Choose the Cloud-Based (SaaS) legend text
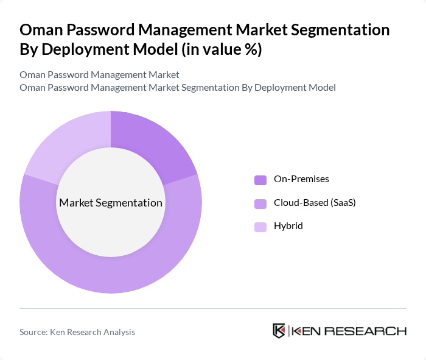click(x=315, y=203)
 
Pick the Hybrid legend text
click(x=288, y=226)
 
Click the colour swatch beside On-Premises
click(x=260, y=180)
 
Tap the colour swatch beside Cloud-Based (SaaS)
click(x=260, y=203)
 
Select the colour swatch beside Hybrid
click(x=260, y=227)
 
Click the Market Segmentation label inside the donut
click(x=111, y=203)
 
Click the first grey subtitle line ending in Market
click(x=99, y=75)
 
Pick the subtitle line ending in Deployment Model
click(x=177, y=88)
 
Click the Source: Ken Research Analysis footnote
click(x=77, y=332)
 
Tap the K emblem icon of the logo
click(x=279, y=331)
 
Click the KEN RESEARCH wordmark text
click(x=349, y=331)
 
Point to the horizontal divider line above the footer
click(x=213, y=309)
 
